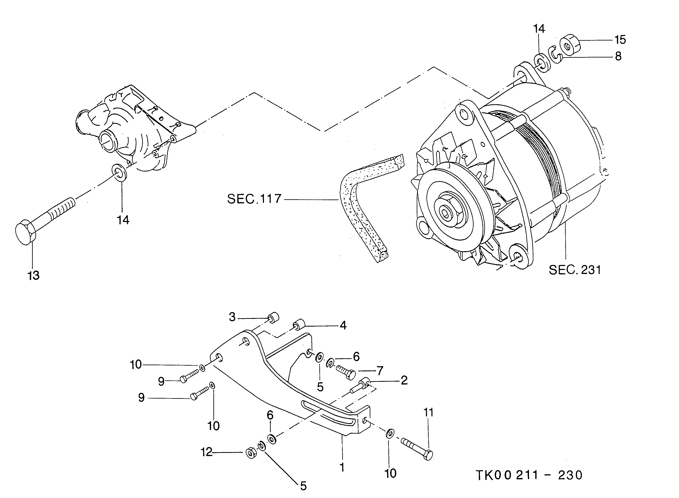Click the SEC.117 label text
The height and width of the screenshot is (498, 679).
click(x=254, y=199)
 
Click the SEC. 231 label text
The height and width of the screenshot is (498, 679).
click(x=574, y=270)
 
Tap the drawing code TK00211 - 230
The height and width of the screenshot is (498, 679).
click(x=529, y=475)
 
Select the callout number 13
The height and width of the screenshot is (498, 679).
click(x=34, y=275)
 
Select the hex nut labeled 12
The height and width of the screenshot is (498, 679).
click(x=251, y=453)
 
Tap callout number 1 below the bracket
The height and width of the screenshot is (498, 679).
click(x=342, y=467)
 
